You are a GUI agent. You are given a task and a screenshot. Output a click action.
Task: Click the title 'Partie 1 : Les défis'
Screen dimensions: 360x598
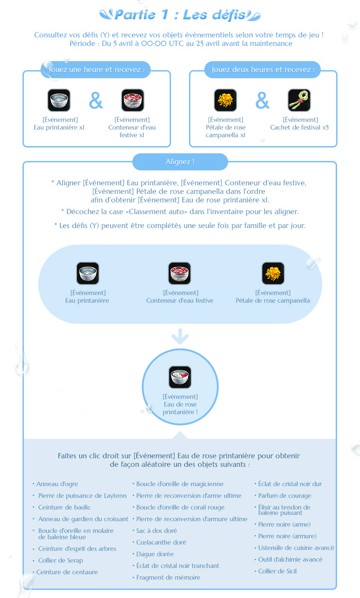180,15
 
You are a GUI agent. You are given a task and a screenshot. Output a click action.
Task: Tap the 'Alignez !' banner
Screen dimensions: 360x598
180,162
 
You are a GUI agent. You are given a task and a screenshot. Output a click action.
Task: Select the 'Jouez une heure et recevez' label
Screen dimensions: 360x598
96,70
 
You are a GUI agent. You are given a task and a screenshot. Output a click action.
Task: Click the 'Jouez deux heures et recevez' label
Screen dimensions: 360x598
263,70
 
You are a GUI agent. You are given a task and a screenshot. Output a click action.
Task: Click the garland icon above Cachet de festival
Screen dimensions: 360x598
299,100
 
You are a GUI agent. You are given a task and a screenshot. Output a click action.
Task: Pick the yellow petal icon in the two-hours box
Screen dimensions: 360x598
225,100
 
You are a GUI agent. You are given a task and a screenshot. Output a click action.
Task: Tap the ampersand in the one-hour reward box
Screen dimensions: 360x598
96,100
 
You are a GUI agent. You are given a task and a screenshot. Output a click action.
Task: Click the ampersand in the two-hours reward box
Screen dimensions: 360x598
262,100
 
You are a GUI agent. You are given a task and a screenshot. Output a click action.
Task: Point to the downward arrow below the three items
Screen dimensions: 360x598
180,336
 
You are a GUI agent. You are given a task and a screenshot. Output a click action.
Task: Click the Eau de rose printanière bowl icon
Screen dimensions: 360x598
180,377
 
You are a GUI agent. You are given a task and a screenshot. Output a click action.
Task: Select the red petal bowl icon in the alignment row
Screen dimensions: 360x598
180,273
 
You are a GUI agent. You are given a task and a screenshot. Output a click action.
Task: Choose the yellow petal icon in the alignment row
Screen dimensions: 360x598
273,273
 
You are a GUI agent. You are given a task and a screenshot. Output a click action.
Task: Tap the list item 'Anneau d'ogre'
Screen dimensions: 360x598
57,484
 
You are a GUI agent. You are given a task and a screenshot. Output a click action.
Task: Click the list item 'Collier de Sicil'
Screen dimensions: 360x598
277,571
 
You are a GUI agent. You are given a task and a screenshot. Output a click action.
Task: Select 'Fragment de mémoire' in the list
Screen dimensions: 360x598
168,577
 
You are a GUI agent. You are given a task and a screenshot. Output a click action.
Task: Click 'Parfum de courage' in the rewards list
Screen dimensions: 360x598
285,496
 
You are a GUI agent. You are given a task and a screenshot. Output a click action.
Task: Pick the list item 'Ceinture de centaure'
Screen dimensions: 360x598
67,572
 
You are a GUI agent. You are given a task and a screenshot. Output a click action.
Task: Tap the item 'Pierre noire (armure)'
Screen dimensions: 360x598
287,536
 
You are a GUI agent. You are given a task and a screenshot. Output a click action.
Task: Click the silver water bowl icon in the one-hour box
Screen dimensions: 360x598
59,100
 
